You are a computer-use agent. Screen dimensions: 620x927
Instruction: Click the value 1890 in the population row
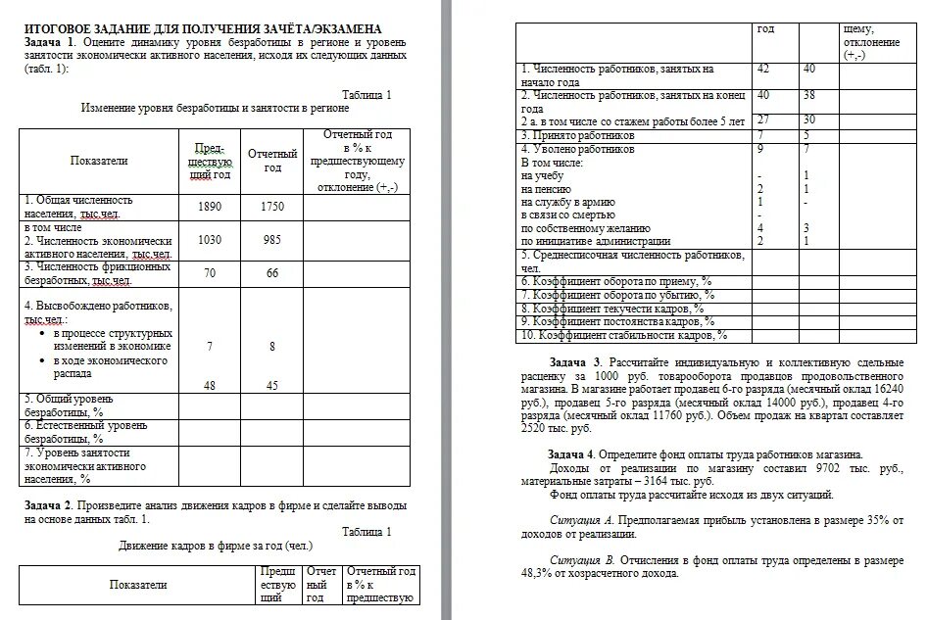tap(210, 208)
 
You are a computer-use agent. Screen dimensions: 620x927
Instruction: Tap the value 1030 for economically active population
tap(210, 240)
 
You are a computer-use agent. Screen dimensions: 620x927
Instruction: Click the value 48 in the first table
tap(210, 385)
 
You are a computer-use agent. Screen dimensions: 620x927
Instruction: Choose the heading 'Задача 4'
tap(572, 454)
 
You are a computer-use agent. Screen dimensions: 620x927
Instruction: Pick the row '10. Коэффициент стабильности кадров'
tap(624, 335)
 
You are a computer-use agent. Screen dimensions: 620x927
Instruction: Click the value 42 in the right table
tap(764, 70)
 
